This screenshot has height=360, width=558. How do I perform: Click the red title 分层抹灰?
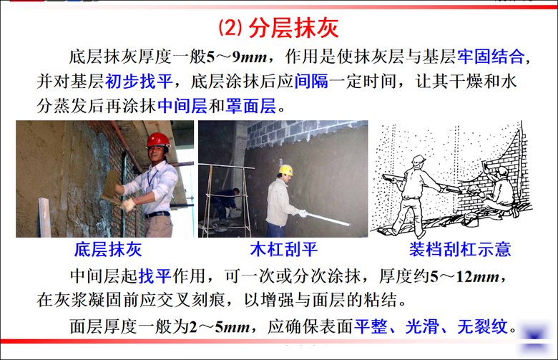tap(293, 28)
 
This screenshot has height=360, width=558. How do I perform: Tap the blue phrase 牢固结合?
tap(490, 57)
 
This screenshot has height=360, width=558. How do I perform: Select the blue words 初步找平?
tap(139, 81)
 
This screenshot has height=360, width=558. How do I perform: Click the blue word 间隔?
tap(311, 81)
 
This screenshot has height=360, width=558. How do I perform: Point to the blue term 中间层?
tap(182, 105)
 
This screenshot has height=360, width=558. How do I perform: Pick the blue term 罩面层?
tap(251, 105)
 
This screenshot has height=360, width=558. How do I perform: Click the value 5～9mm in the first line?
tap(236, 57)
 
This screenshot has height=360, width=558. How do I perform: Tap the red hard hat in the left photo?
tap(158, 140)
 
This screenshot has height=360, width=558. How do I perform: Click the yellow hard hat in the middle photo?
tap(286, 170)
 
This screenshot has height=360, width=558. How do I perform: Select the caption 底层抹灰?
tap(108, 249)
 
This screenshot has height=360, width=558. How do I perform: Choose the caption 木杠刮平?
tap(283, 249)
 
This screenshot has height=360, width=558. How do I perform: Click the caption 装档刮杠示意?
tap(460, 249)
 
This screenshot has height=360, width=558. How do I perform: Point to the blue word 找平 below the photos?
tap(155, 276)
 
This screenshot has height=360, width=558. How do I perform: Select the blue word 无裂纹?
tap(482, 326)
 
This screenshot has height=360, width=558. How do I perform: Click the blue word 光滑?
tap(421, 326)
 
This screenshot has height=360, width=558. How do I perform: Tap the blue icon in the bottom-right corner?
tap(534, 336)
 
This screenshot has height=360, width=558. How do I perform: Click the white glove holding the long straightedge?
tap(303, 214)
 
